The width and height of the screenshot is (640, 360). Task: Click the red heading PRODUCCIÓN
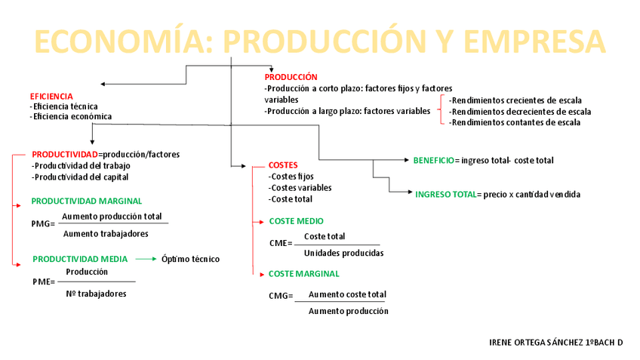click(x=291, y=77)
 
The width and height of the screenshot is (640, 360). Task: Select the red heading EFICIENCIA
click(x=51, y=97)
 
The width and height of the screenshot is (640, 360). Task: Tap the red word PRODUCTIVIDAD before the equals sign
click(x=65, y=154)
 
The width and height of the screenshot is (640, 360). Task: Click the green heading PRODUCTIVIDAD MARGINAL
click(x=86, y=202)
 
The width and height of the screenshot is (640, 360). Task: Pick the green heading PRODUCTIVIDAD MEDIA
click(x=80, y=259)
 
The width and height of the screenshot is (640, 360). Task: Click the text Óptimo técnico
click(x=190, y=259)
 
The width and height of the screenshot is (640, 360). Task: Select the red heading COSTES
click(x=283, y=165)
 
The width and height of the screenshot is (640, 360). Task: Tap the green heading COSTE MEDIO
click(x=296, y=221)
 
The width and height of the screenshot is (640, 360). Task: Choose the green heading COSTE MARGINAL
click(x=304, y=274)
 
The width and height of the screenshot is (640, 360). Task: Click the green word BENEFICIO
click(x=433, y=160)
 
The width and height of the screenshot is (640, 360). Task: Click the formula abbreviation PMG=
click(x=44, y=224)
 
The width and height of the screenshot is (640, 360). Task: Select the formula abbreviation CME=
click(x=281, y=244)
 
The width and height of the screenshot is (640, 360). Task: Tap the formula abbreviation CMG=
click(x=281, y=296)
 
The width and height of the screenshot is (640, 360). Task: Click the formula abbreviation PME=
click(x=44, y=282)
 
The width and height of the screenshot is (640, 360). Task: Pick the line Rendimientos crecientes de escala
click(x=515, y=100)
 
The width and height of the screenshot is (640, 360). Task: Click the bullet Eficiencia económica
click(x=71, y=117)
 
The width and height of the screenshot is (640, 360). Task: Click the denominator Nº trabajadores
click(x=96, y=294)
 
